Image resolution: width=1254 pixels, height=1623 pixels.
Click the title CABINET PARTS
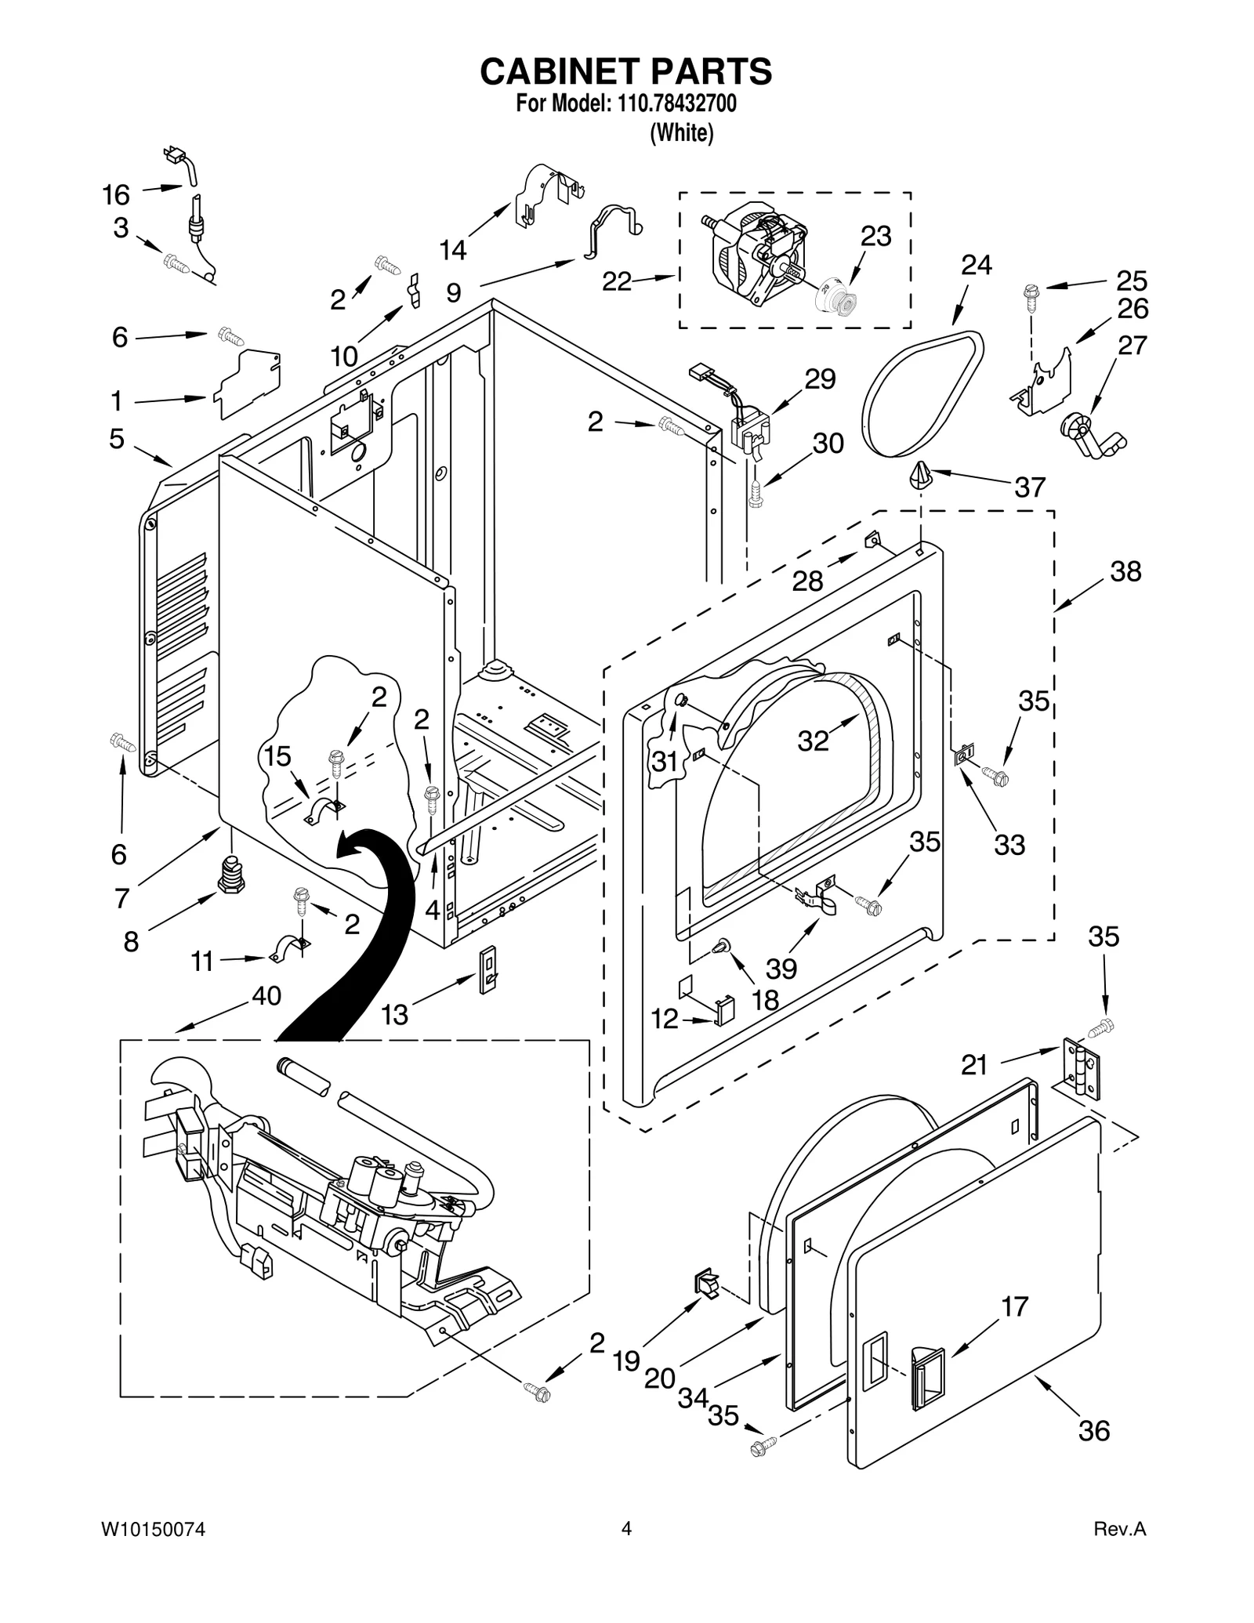[x=625, y=71]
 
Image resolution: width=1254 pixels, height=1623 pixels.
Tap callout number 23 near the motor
[x=875, y=236]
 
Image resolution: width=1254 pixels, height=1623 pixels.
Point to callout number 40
[x=266, y=995]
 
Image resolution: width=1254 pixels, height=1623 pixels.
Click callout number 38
[x=1125, y=571]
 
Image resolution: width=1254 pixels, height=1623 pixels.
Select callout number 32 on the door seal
[x=813, y=740]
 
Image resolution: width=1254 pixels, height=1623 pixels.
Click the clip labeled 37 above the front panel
[x=921, y=474]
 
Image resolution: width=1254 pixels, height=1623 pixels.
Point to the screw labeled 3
[x=176, y=263]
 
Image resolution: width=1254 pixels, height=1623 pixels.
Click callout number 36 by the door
[x=1094, y=1430]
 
